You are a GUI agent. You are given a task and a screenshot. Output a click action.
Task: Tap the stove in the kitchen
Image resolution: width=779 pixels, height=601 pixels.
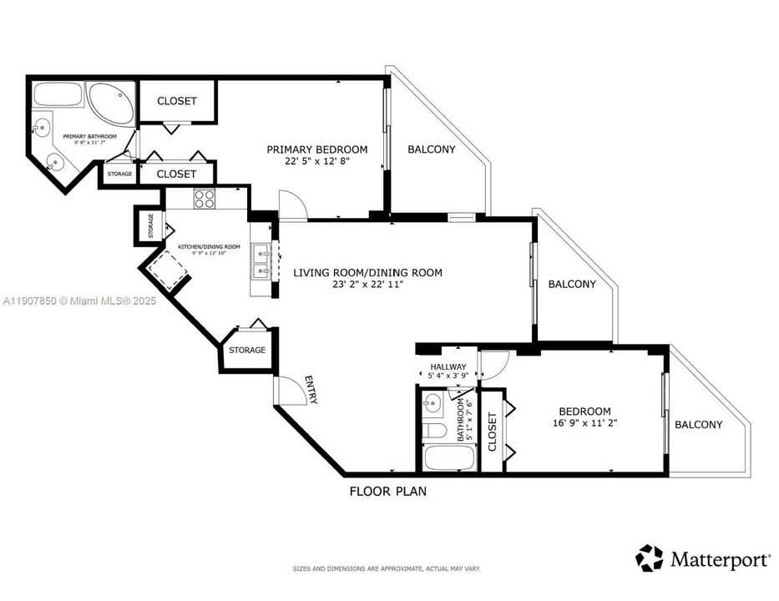tap(205, 199)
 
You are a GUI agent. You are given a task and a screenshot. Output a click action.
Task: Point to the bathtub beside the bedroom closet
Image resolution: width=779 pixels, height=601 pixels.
tap(448, 457)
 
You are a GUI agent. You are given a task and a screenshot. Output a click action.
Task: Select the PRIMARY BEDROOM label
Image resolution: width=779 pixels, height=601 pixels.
tap(316, 149)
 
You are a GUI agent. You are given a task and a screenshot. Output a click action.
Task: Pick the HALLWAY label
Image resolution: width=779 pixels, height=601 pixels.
tap(448, 366)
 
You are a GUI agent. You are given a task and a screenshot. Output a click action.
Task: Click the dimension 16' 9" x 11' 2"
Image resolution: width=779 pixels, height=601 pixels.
tap(584, 423)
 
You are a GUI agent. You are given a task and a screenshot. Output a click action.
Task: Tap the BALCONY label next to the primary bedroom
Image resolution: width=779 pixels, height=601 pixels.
tap(431, 149)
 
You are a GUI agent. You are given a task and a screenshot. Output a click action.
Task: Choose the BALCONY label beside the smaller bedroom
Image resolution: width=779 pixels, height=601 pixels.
tap(698, 424)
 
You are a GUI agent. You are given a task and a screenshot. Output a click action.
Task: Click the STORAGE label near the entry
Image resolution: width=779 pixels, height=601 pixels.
tap(247, 350)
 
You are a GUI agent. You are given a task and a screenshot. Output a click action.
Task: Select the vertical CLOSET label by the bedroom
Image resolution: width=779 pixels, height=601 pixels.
tap(492, 431)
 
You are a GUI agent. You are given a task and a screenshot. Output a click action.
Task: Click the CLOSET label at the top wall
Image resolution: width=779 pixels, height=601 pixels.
tap(177, 101)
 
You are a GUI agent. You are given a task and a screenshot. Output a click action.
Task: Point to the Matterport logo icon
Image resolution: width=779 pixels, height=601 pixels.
tap(649, 558)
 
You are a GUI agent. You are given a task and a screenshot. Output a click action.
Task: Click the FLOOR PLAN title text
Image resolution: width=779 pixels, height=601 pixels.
tap(387, 492)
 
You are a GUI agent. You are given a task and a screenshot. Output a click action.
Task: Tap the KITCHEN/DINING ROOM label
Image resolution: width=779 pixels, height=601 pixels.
tap(209, 246)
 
